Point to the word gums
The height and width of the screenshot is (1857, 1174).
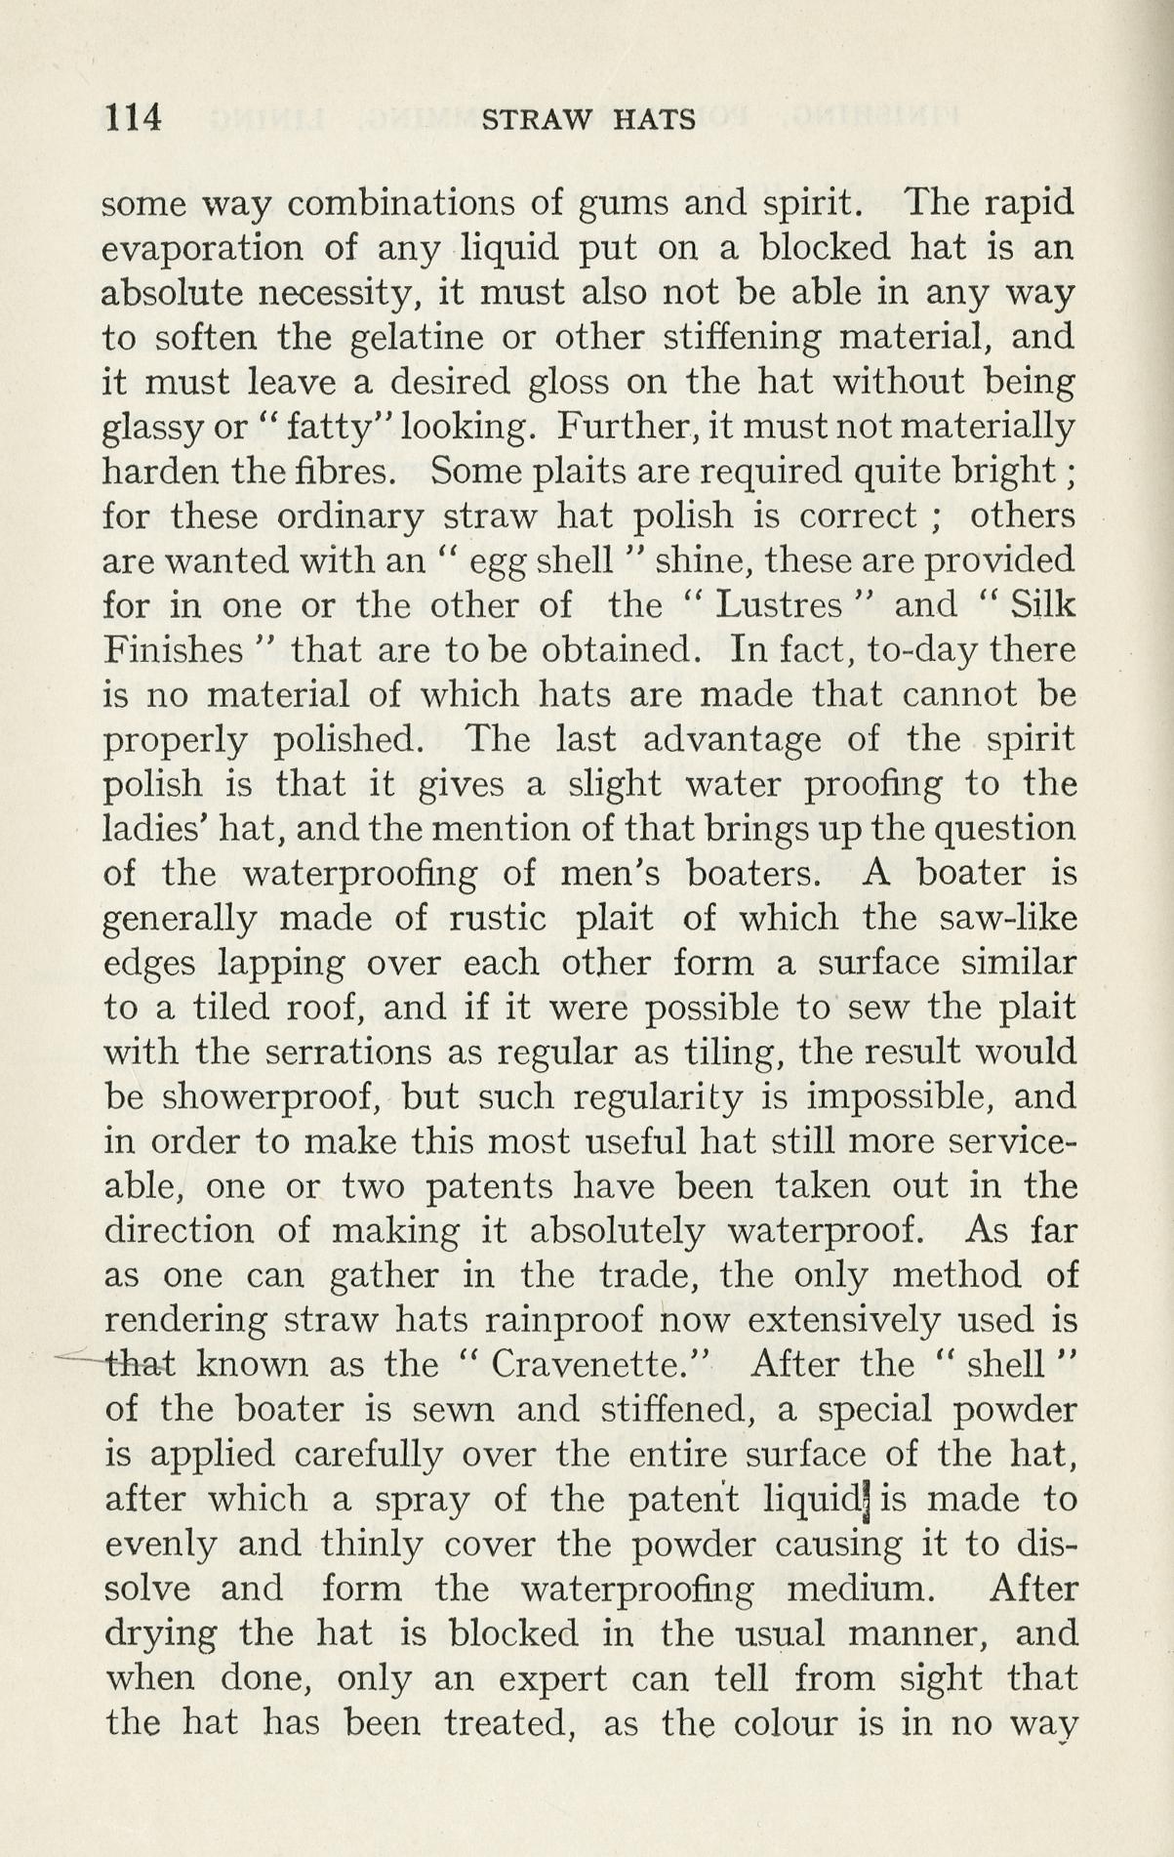(594, 204)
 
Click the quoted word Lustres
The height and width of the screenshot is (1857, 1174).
(778, 606)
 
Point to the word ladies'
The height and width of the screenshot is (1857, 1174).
(151, 830)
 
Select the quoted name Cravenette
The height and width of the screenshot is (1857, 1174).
(597, 1364)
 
